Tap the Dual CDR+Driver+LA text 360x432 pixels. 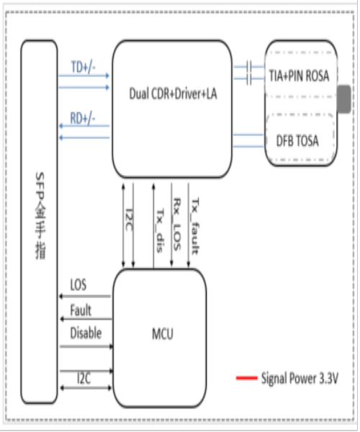pyautogui.click(x=172, y=94)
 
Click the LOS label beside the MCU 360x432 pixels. pyautogui.click(x=78, y=286)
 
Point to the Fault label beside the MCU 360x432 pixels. pyautogui.click(x=81, y=311)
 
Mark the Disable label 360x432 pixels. pyautogui.click(x=86, y=333)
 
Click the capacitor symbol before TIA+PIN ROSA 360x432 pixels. pyautogui.click(x=248, y=70)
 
